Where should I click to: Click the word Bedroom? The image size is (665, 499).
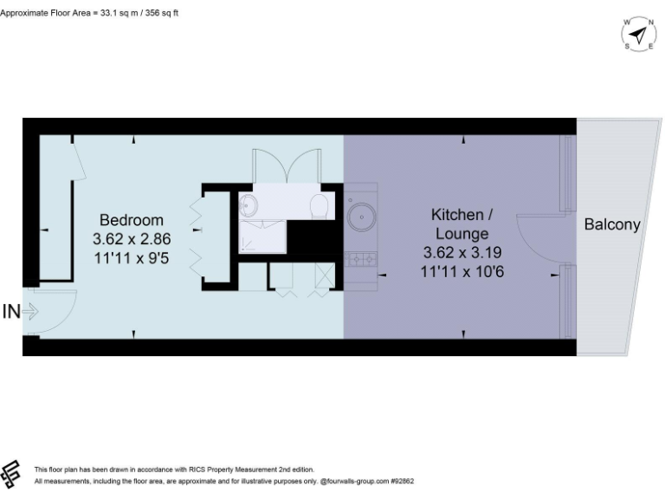tap(131, 219)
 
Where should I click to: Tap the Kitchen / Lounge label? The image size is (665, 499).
tap(462, 223)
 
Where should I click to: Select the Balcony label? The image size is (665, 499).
tap(612, 224)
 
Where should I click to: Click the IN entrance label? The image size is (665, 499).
tap(10, 311)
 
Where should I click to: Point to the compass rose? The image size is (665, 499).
tap(638, 35)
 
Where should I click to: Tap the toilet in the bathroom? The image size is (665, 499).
tap(319, 205)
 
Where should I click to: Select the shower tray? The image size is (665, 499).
tap(263, 234)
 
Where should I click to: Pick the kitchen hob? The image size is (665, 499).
tap(361, 257)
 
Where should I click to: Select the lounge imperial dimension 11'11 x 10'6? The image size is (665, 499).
tap(462, 271)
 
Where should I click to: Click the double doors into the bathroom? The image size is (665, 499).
tap(287, 166)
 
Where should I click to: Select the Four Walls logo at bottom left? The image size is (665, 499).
tap(11, 474)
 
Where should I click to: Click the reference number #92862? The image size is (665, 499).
tap(404, 480)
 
